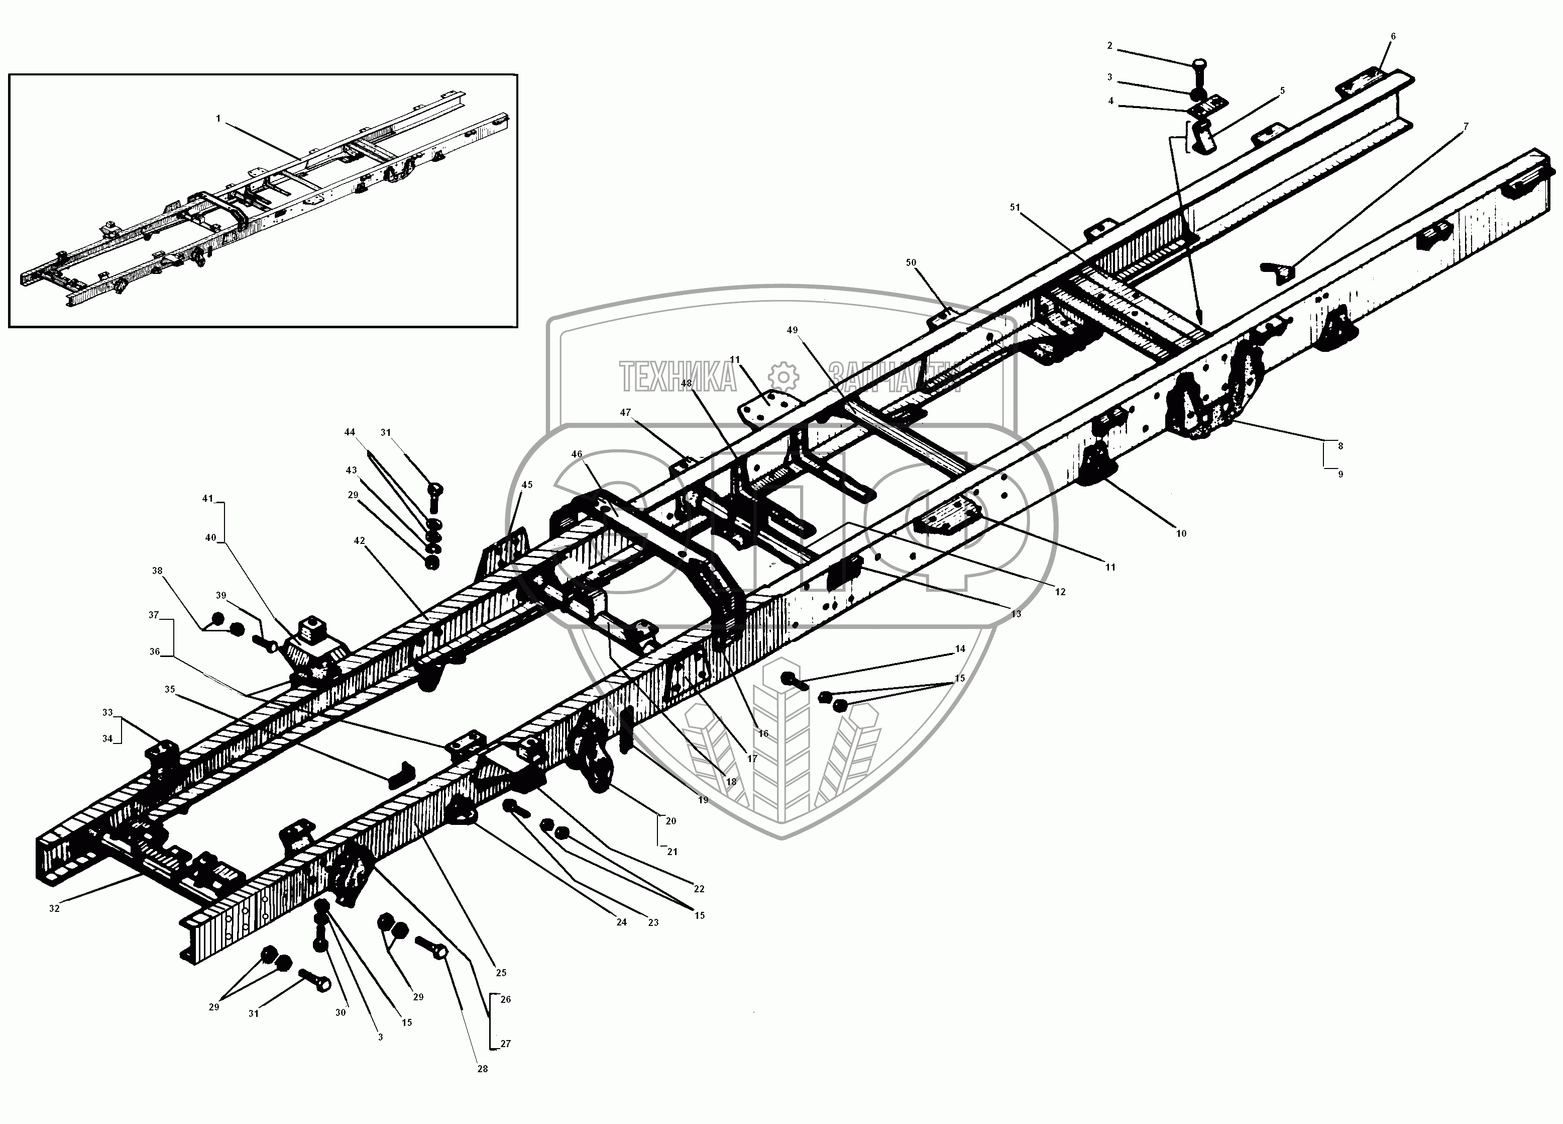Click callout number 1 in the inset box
pyautogui.click(x=218, y=119)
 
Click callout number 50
pyautogui.click(x=911, y=263)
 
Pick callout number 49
pyautogui.click(x=793, y=330)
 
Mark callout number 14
pyautogui.click(x=960, y=649)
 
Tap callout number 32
pyautogui.click(x=54, y=908)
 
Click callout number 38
pyautogui.click(x=158, y=571)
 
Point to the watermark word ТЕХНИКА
pyautogui.click(x=677, y=377)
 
